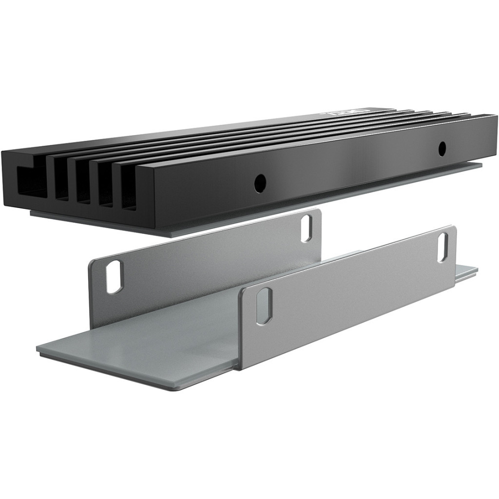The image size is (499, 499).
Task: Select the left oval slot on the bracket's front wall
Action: (264, 306)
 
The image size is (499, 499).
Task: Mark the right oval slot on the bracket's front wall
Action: (443, 248)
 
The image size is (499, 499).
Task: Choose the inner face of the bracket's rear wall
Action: (205, 263)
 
